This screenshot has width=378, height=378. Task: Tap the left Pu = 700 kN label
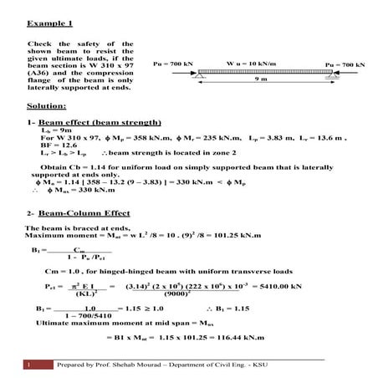(x=174, y=64)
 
